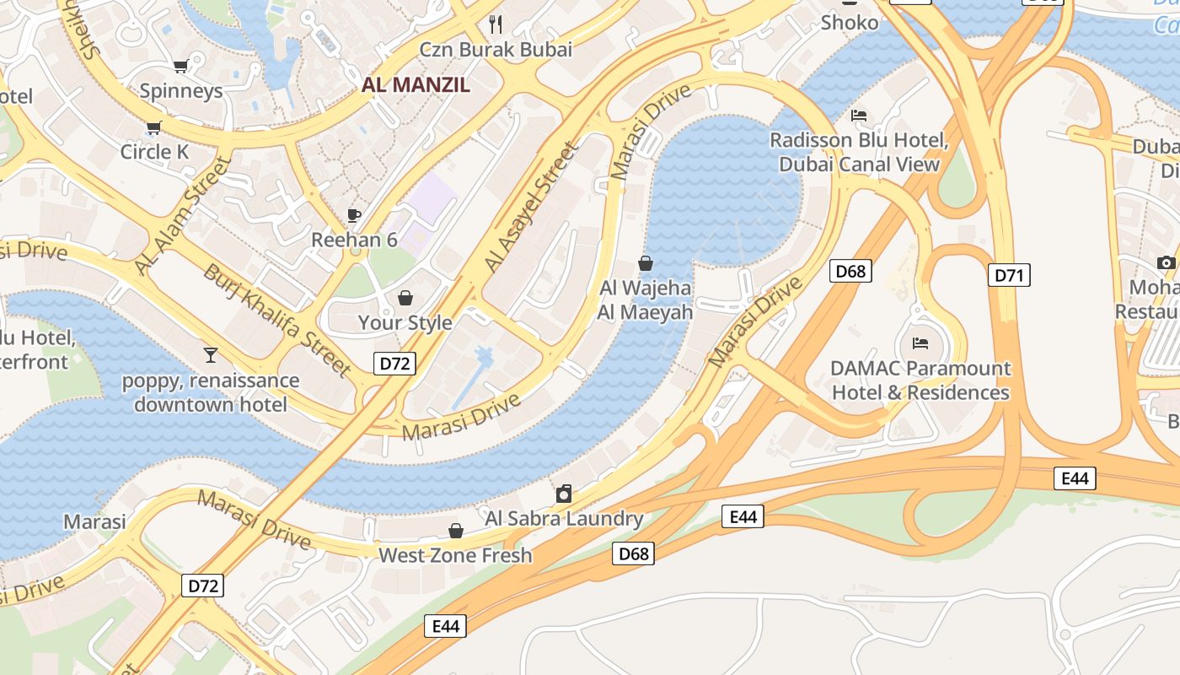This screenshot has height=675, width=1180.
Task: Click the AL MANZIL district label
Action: tap(416, 84)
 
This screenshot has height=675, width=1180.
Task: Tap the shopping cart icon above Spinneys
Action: tap(180, 66)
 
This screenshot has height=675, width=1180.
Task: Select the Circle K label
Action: tap(154, 152)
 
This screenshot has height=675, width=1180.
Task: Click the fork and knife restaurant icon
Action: tap(496, 24)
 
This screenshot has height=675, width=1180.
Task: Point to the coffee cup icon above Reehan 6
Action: tap(354, 215)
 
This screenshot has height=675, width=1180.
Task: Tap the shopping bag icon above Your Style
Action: tap(405, 298)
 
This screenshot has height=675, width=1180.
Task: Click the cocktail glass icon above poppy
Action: tap(211, 354)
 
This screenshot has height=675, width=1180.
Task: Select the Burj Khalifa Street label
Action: tap(277, 320)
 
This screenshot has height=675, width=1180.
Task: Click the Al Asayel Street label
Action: tap(532, 208)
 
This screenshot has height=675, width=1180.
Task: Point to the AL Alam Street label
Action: tap(183, 215)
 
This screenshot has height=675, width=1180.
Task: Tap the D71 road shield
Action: tap(1009, 275)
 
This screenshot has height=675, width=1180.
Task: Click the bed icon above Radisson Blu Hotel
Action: tap(859, 116)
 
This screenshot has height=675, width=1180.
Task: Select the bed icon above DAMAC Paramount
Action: tap(920, 343)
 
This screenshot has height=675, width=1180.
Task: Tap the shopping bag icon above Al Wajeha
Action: tap(646, 263)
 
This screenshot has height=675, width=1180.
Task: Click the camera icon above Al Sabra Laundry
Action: tap(564, 494)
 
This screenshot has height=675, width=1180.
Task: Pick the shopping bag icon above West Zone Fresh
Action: tap(456, 531)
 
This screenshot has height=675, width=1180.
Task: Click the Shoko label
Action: tap(849, 22)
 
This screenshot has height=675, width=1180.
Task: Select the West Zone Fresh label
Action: tap(455, 555)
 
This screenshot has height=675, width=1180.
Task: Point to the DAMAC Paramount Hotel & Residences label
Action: tap(920, 381)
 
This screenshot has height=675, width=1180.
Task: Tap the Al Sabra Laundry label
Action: tap(564, 518)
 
